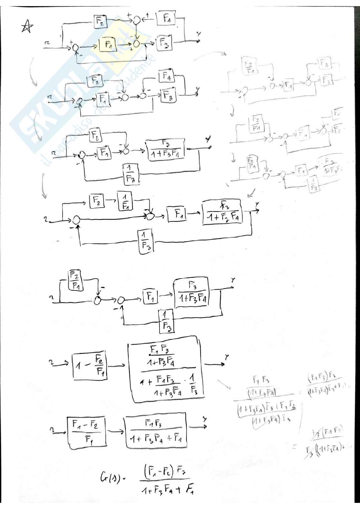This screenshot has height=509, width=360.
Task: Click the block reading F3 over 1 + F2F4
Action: click(222, 212)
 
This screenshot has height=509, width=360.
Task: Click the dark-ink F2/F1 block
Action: click(75, 280)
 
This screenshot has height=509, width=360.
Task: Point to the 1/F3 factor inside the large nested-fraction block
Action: click(193, 387)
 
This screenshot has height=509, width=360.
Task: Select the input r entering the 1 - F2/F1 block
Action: click(51, 363)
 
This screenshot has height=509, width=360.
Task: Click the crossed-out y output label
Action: click(208, 140)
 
